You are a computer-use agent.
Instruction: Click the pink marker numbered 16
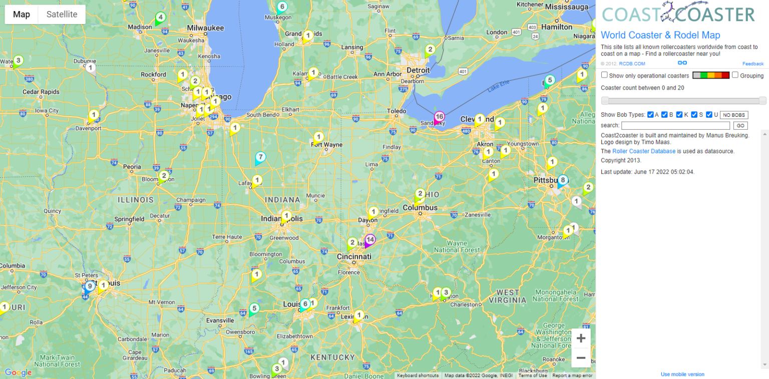tap(439, 117)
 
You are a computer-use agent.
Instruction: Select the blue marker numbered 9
tap(89, 287)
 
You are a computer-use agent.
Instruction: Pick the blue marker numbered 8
tap(563, 180)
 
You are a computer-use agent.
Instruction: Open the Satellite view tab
tap(62, 14)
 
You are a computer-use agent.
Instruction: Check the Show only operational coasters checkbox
tap(604, 75)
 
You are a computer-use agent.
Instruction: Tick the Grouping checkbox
tap(735, 75)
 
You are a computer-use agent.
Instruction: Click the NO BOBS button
tap(734, 115)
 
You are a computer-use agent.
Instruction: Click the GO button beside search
tap(740, 126)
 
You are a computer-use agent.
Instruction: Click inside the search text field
tap(675, 126)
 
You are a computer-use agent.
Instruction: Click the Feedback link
tap(752, 64)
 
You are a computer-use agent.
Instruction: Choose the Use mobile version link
tap(682, 374)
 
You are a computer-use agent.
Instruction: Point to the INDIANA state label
tap(282, 200)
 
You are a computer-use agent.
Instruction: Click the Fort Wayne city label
tap(326, 145)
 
